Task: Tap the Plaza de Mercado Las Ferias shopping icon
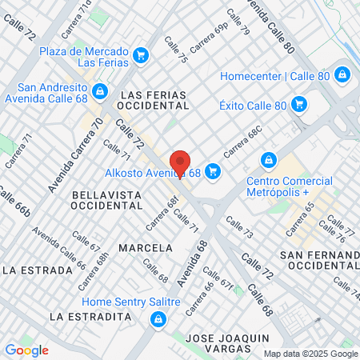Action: [142, 54]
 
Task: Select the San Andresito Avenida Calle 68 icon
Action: [99, 91]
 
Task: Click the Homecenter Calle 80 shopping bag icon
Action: [342, 75]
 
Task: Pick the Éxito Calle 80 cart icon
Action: [299, 104]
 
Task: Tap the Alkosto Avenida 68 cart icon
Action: [212, 170]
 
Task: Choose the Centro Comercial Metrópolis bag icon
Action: [269, 159]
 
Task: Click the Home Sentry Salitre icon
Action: [158, 319]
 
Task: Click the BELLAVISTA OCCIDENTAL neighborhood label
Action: [106, 200]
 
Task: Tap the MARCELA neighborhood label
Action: [145, 247]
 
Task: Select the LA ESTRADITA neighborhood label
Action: [90, 316]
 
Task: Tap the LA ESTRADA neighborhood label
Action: [33, 270]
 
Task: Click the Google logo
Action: [26, 350]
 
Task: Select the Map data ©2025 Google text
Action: [311, 354]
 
